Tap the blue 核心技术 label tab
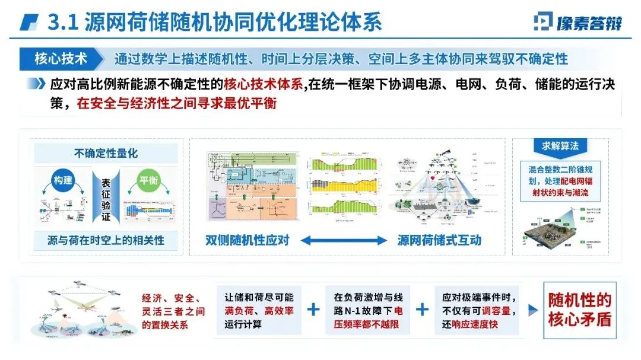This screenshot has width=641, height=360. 61,59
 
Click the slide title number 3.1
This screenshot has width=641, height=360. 61,23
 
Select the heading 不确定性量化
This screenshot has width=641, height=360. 106,153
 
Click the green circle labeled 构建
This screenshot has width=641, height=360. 62,180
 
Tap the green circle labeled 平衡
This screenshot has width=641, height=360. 148,180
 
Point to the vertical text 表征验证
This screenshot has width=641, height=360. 106,199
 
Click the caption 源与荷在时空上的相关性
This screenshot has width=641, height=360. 106,240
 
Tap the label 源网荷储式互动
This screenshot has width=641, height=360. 439,240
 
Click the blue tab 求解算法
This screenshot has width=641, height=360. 560,146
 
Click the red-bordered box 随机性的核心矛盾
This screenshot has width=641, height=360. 579,309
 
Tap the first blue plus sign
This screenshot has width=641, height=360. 313,309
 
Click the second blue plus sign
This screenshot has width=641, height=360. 422,309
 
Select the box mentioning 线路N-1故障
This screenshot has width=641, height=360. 367,310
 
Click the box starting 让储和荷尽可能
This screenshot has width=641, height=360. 259,310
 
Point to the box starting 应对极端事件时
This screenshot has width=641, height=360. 478,310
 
